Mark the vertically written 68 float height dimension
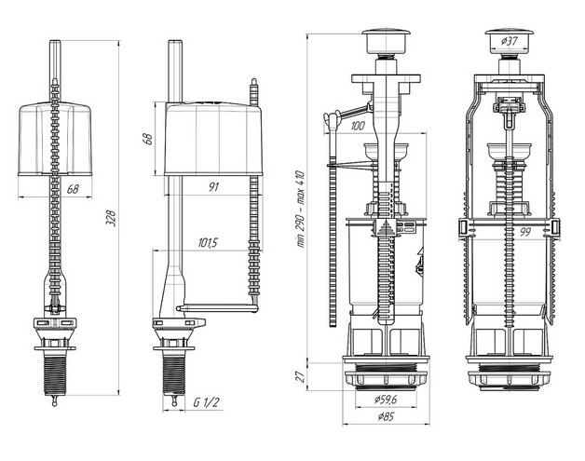[147, 137]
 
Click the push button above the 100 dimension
[380, 41]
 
